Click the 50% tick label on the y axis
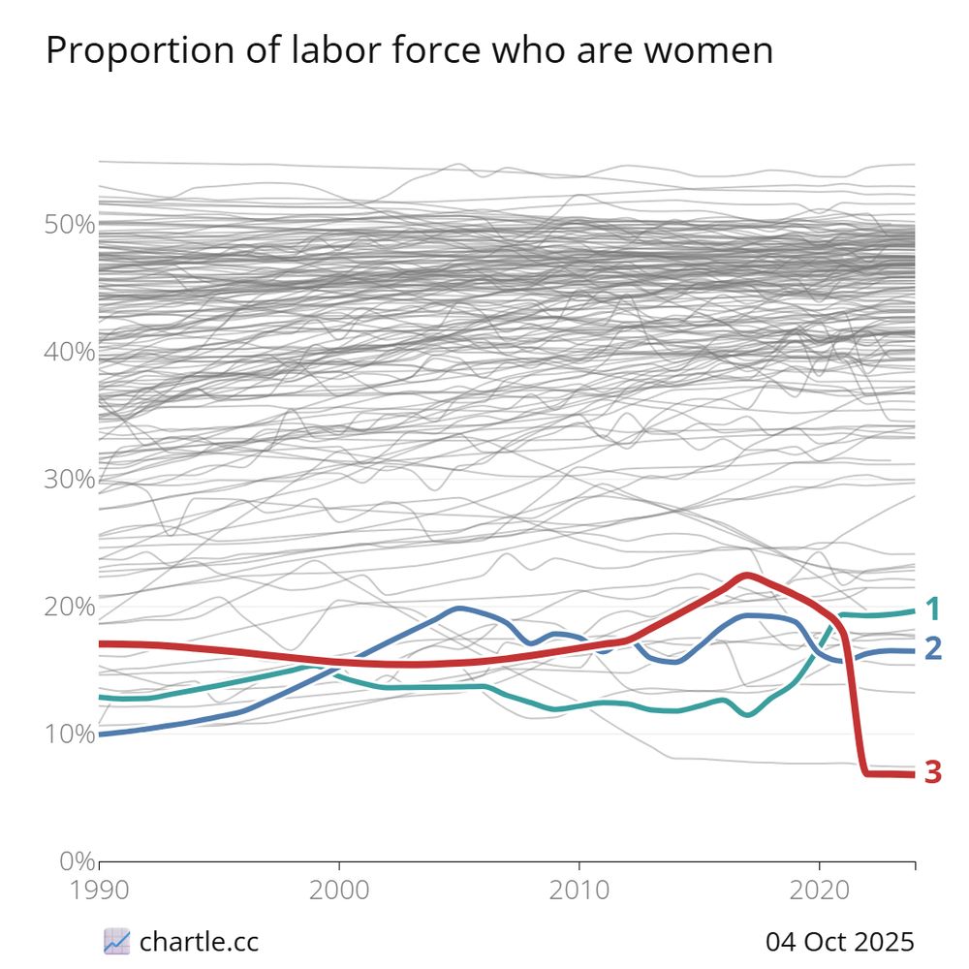[x=70, y=225]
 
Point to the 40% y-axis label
[x=70, y=352]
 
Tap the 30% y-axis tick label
[x=70, y=480]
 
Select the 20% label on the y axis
[x=70, y=607]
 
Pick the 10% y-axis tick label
[x=70, y=735]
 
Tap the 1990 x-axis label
[x=100, y=890]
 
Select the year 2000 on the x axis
[x=339, y=890]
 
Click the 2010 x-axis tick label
[x=579, y=890]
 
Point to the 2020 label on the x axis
[x=819, y=890]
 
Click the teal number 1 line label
[x=933, y=610]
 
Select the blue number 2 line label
[x=933, y=649]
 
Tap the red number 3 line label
[x=933, y=772]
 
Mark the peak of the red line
[x=745, y=576]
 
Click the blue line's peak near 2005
[x=458, y=609]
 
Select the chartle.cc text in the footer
[x=199, y=940]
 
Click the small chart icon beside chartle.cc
[x=116, y=940]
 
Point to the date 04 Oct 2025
[x=839, y=940]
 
